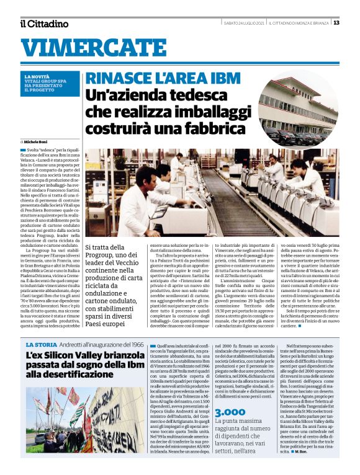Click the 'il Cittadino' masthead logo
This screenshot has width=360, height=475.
[x=43, y=24]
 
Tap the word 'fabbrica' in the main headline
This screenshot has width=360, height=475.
[x=217, y=129]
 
